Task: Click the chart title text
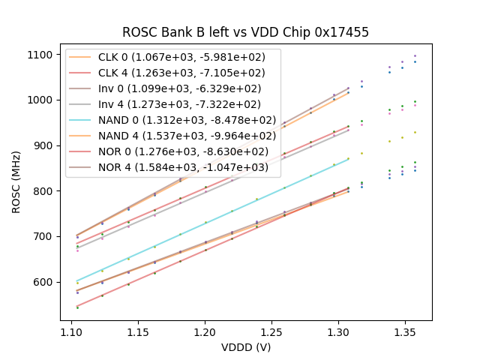pyautogui.click(x=246, y=32)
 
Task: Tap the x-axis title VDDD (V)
pyautogui.click(x=246, y=347)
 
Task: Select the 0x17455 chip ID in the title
pyautogui.click(x=343, y=32)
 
